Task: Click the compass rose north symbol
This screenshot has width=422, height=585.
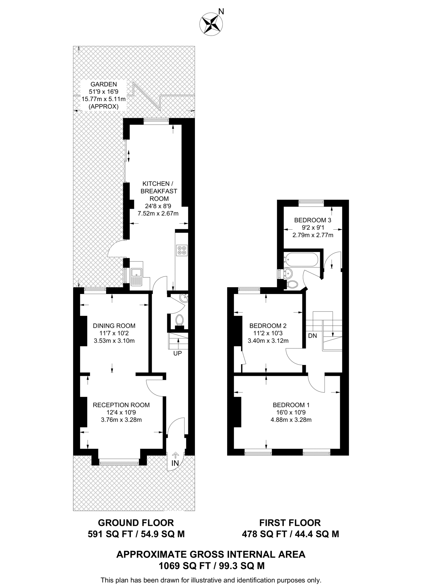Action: coord(211,24)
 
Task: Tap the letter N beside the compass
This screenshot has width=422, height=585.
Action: coord(221,11)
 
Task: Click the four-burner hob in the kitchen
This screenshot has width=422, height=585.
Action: coord(182,250)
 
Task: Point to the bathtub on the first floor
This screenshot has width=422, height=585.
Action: coord(301,260)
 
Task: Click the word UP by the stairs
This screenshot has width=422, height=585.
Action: coord(177,353)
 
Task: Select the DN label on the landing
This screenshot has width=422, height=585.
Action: coord(312,336)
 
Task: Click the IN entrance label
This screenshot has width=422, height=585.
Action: coord(175,463)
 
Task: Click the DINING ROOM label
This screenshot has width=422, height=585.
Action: coord(114,326)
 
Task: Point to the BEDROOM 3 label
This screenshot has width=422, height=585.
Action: coord(313,220)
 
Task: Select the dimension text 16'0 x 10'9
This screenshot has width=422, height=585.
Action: coord(291,412)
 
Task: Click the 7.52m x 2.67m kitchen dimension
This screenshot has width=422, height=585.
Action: coord(158,213)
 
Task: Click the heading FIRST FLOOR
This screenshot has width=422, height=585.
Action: coord(290,523)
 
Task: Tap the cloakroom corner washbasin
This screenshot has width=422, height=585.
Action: coord(184,298)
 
